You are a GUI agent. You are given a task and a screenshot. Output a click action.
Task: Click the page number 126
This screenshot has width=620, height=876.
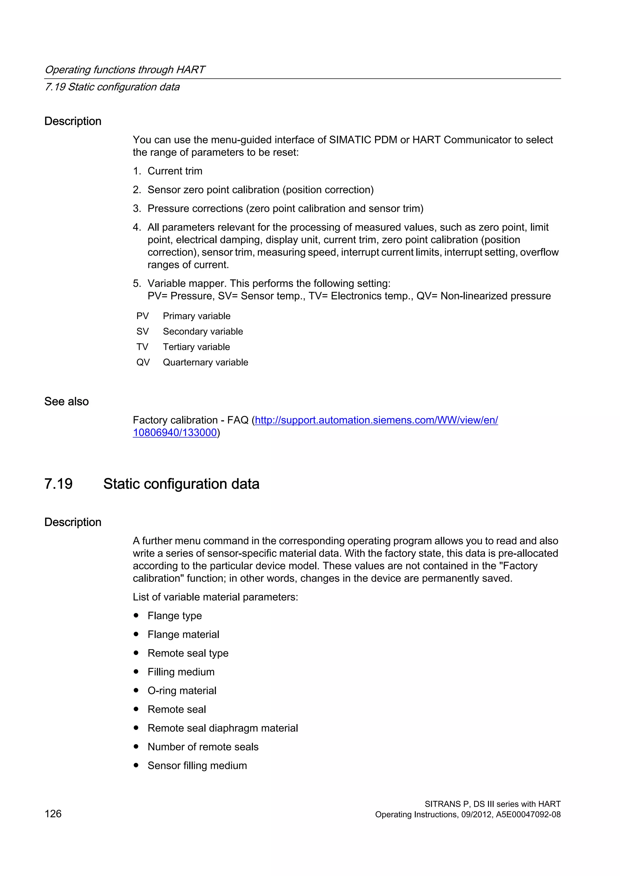53,814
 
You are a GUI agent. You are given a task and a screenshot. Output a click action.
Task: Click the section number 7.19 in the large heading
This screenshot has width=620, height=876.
58,484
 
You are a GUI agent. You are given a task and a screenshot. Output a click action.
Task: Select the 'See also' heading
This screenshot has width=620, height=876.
66,401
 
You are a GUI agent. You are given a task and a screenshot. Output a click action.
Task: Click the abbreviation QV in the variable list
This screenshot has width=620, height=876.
143,362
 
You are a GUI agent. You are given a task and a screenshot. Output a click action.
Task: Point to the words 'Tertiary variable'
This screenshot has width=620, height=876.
196,347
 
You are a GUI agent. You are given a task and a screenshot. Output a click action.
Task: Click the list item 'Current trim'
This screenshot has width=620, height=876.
175,171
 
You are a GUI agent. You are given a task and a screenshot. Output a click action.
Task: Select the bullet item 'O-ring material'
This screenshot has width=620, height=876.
182,691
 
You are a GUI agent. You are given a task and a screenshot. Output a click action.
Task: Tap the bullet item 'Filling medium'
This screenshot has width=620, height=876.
181,672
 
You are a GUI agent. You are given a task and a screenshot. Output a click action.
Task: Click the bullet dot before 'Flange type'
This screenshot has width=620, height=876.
136,616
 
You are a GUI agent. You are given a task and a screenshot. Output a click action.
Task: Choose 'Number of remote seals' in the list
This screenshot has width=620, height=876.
203,747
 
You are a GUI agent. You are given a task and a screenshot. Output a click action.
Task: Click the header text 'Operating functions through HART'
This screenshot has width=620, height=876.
125,70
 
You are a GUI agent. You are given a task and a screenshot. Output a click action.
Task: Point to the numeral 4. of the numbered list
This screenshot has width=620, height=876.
137,227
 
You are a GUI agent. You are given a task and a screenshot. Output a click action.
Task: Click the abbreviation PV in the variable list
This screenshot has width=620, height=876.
142,316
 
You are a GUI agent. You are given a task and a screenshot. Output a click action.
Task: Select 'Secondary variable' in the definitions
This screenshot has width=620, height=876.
203,332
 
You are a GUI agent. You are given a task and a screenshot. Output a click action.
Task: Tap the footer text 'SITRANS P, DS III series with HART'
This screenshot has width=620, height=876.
493,804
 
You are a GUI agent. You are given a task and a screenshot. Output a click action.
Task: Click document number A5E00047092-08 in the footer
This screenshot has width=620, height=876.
528,815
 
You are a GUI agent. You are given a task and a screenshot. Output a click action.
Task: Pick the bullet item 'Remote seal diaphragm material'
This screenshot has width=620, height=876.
223,728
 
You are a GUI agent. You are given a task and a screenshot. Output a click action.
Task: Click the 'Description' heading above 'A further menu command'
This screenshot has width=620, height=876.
73,522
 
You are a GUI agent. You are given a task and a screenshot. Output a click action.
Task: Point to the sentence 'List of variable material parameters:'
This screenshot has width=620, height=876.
215,597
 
